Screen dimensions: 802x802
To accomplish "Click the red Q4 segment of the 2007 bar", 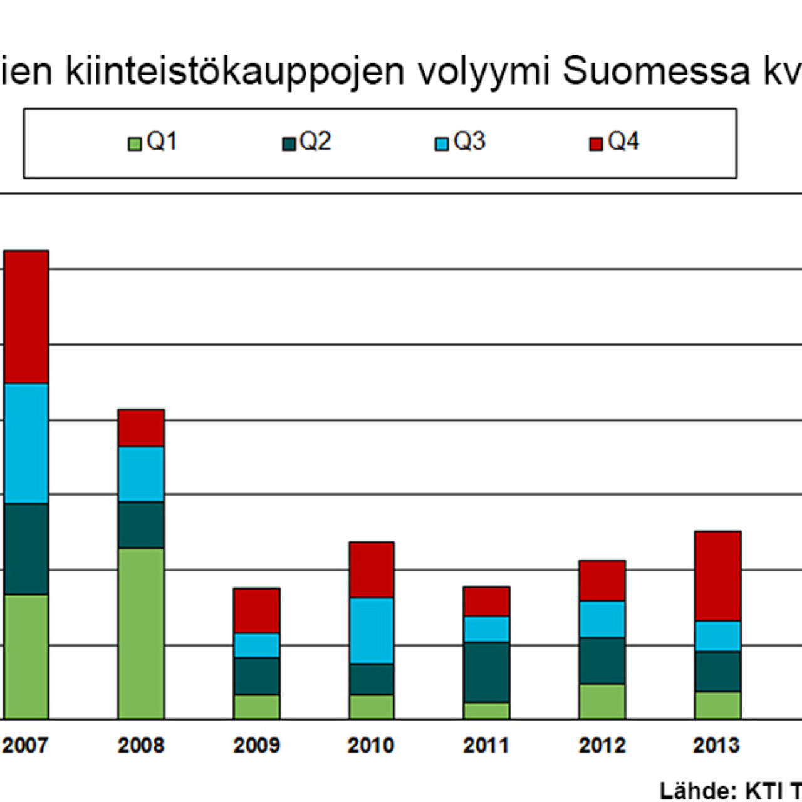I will (x=26, y=317).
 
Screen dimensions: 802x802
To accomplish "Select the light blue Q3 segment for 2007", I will (x=26, y=444).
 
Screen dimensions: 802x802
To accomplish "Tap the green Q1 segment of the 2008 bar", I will (x=141, y=633).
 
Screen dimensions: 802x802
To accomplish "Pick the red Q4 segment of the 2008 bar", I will (x=141, y=428).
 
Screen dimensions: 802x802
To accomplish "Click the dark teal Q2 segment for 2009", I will (x=256, y=676).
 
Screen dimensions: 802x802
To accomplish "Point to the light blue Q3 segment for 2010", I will (x=372, y=630).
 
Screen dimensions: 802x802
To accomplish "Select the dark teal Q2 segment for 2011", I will (x=486, y=672).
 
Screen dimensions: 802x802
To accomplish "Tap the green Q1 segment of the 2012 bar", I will (x=602, y=701).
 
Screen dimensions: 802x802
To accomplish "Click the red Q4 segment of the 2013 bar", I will (x=717, y=576).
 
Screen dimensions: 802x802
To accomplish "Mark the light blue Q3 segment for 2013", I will (x=717, y=636).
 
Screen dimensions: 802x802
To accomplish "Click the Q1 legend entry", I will (x=154, y=142).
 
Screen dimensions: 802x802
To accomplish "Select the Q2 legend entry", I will (x=307, y=142).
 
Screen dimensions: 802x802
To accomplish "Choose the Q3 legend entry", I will (x=461, y=142).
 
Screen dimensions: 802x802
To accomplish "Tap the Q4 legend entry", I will (x=615, y=142).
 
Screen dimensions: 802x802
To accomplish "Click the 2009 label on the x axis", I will (x=256, y=745).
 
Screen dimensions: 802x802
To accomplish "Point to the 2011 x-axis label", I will (x=486, y=745).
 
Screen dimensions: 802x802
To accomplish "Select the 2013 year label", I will (x=716, y=745).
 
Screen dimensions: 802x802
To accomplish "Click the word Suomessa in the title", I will (x=656, y=70).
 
